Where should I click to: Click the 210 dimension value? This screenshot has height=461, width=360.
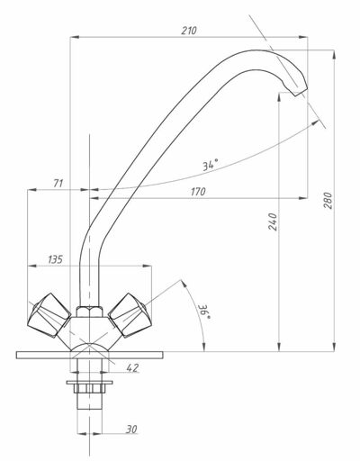(189, 31)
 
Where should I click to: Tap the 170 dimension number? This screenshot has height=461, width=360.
(198, 192)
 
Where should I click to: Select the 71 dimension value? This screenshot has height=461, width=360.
(58, 183)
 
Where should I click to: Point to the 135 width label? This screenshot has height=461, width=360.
(55, 259)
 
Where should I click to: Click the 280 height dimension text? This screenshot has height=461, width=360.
(328, 201)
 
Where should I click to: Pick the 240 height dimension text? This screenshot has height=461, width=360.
(273, 221)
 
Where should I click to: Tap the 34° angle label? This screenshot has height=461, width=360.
(211, 165)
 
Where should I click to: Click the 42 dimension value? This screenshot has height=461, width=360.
(132, 367)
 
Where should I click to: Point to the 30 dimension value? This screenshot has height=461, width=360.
(131, 429)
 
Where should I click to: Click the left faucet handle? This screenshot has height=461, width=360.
(49, 315)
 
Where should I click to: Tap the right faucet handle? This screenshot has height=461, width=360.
(130, 315)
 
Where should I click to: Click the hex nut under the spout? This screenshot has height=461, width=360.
(89, 312)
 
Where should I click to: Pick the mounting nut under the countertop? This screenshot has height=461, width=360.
(89, 387)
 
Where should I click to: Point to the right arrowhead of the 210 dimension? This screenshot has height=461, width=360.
(303, 37)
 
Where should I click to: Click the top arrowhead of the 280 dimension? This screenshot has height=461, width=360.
(334, 55)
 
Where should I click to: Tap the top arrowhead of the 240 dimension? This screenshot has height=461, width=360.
(279, 97)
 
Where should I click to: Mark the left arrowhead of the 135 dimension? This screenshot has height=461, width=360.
(31, 266)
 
